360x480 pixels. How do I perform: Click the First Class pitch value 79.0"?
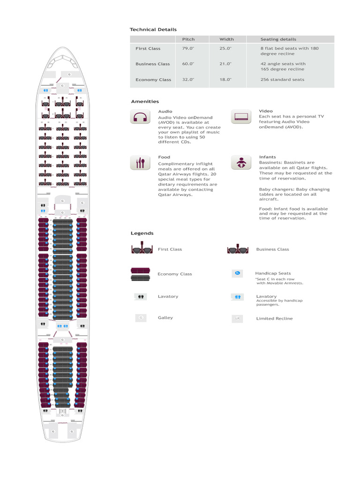(188, 48)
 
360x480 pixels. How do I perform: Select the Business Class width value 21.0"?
(226, 64)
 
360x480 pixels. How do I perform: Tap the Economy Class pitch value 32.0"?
(188, 80)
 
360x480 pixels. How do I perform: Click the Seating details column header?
(278, 39)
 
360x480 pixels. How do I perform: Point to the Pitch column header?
(188, 39)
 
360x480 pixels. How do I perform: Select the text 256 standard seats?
(282, 80)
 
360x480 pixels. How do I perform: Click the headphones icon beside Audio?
(140, 116)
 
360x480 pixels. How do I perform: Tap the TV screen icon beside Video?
(241, 116)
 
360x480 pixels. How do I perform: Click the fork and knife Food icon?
(140, 162)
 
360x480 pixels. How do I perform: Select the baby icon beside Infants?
(241, 162)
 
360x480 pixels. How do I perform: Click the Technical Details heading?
(153, 30)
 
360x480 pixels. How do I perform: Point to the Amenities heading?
(145, 101)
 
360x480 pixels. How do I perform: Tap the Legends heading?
(142, 233)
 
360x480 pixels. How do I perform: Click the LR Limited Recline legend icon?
(237, 319)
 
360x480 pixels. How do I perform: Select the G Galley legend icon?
(140, 318)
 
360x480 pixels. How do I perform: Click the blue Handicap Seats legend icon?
(237, 273)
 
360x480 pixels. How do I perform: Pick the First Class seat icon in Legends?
(140, 248)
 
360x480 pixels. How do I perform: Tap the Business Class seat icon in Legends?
(237, 248)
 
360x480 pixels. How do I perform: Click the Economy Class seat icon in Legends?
(140, 274)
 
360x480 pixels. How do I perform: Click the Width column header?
(226, 39)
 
